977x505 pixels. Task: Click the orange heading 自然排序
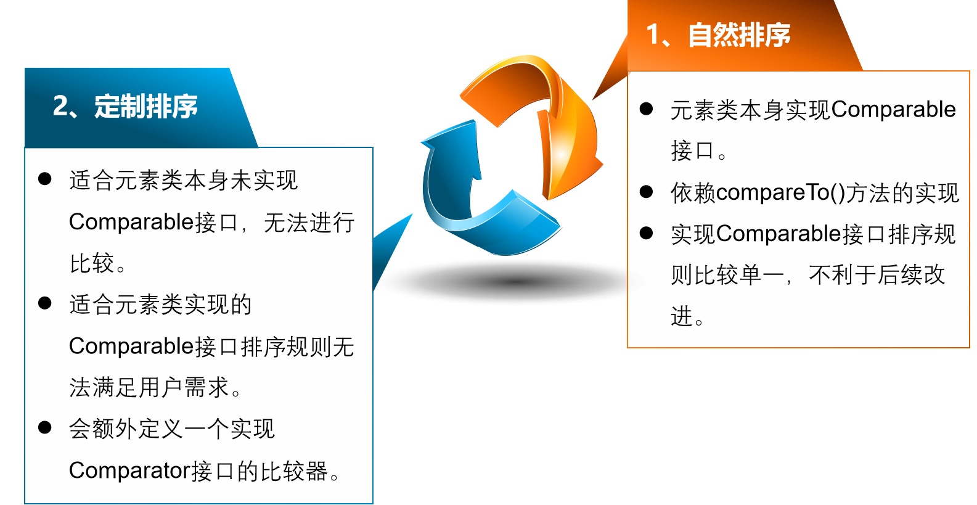pyautogui.click(x=739, y=35)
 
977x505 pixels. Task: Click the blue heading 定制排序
pyautogui.click(x=146, y=106)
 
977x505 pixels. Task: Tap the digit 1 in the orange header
pyautogui.click(x=653, y=35)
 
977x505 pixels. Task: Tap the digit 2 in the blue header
pyautogui.click(x=60, y=106)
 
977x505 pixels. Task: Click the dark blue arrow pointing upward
pyautogui.click(x=449, y=174)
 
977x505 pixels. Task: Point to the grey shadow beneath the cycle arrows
pyautogui.click(x=515, y=282)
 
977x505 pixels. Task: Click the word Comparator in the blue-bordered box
pyautogui.click(x=129, y=471)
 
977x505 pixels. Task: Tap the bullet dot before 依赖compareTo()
pyautogui.click(x=646, y=192)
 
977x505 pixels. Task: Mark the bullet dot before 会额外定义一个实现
pyautogui.click(x=45, y=427)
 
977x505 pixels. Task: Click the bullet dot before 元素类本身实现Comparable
pyautogui.click(x=646, y=109)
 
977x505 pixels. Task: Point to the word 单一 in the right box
pyautogui.click(x=761, y=276)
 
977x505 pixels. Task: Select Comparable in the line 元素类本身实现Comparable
pyautogui.click(x=894, y=110)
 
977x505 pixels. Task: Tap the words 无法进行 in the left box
pyautogui.click(x=309, y=223)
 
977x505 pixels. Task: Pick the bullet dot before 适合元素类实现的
pyautogui.click(x=45, y=303)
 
